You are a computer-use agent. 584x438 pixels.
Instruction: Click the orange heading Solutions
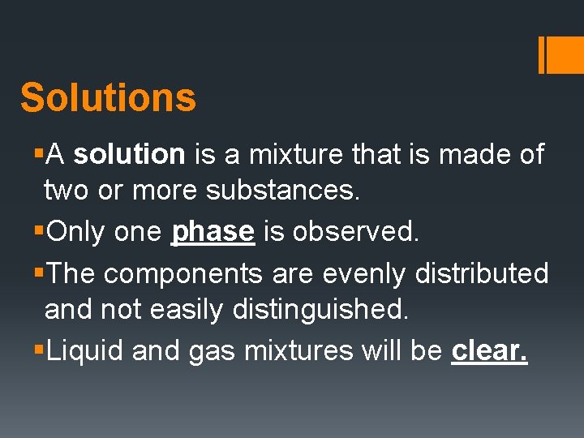click(x=108, y=98)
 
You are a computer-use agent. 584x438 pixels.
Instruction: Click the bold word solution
click(x=135, y=153)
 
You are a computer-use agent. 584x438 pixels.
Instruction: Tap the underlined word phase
click(x=213, y=232)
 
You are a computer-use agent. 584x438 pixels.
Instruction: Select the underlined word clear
click(x=489, y=350)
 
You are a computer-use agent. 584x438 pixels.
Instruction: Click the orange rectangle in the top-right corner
click(x=565, y=55)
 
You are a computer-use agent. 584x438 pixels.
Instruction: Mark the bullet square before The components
click(x=40, y=273)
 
